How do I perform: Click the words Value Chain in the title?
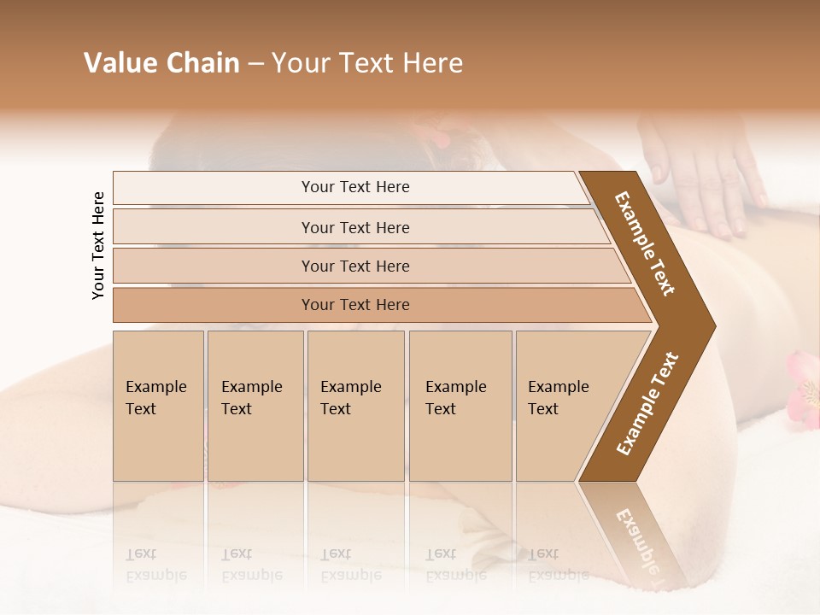tap(161, 63)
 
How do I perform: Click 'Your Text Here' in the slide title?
tap(367, 63)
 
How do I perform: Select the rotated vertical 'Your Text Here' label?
tap(98, 245)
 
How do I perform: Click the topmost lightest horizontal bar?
tap(354, 187)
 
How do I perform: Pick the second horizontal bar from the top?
tap(354, 227)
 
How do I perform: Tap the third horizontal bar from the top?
tap(354, 266)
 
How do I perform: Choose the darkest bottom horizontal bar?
tap(354, 305)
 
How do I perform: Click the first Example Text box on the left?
tap(158, 406)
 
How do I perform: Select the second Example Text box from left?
tap(255, 406)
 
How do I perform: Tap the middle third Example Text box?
tap(354, 406)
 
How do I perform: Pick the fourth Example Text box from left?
tap(460, 406)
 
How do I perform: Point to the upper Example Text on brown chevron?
tap(646, 243)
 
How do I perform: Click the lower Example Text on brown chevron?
tap(647, 404)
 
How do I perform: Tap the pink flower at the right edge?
tap(805, 389)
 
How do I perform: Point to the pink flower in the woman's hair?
tap(440, 136)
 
